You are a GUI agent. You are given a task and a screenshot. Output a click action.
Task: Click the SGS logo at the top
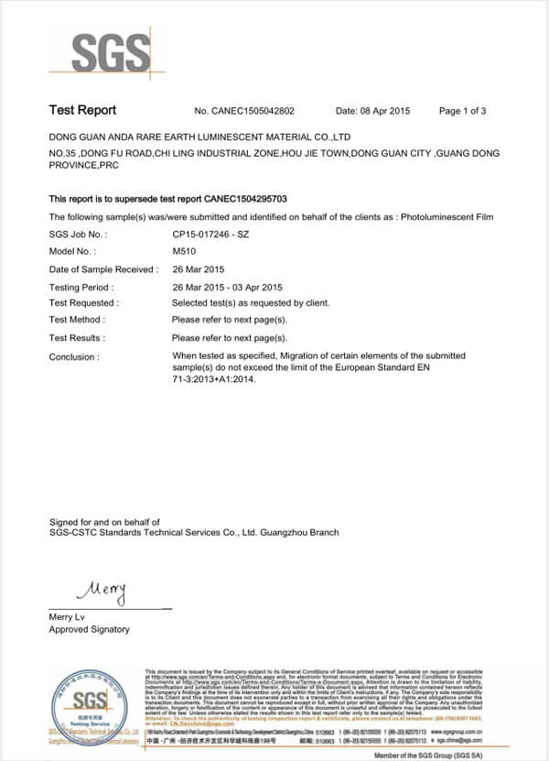111,52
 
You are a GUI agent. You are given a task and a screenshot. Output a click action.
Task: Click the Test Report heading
82,111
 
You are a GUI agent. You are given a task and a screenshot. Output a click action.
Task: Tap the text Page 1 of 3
462,111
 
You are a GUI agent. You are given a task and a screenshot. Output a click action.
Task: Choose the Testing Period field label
81,287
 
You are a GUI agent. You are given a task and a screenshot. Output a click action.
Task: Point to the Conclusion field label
74,357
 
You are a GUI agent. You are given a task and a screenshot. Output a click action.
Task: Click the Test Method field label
77,320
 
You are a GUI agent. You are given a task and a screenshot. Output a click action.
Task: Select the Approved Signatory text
90,629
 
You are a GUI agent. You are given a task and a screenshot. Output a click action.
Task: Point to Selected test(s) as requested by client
251,303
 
